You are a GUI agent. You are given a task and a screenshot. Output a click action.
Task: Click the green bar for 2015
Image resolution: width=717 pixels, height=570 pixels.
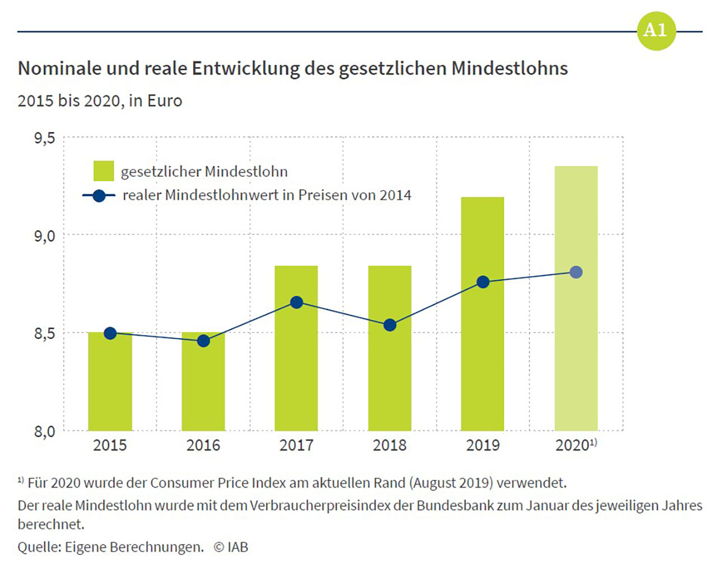click(x=110, y=387)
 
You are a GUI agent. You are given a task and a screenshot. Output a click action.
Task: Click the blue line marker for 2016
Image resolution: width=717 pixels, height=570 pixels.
click(x=203, y=341)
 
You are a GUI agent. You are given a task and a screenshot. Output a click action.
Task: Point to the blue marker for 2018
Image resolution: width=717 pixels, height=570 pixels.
click(x=390, y=325)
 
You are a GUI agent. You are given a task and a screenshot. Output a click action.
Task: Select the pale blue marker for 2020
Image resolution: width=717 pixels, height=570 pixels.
click(x=576, y=272)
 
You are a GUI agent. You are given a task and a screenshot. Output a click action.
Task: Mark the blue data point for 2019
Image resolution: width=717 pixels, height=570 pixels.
click(x=483, y=282)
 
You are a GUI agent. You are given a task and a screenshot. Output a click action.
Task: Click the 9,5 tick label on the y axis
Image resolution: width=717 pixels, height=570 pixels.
click(x=45, y=138)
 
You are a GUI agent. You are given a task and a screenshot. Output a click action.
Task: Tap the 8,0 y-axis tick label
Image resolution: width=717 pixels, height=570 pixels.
click(x=45, y=432)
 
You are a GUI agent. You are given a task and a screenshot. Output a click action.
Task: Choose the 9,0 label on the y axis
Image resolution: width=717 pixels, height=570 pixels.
click(x=45, y=236)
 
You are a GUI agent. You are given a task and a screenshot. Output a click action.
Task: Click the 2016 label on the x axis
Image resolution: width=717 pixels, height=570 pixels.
click(x=203, y=446)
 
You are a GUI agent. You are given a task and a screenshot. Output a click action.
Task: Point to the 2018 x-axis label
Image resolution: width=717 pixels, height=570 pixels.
click(x=389, y=446)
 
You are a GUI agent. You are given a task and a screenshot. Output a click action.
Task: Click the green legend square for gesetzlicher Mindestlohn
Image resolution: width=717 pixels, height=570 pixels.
click(x=104, y=171)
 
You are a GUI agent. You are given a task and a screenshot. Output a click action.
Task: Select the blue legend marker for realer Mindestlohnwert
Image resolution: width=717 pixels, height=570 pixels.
click(x=99, y=196)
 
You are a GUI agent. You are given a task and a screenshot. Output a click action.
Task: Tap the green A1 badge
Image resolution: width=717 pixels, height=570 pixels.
click(x=656, y=31)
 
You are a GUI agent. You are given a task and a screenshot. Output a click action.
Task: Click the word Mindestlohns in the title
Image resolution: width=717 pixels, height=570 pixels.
click(x=509, y=68)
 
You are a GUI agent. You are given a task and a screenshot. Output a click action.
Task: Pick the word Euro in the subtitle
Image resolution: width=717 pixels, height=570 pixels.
click(x=165, y=101)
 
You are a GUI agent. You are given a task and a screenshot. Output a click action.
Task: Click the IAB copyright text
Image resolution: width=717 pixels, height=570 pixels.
click(x=231, y=547)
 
